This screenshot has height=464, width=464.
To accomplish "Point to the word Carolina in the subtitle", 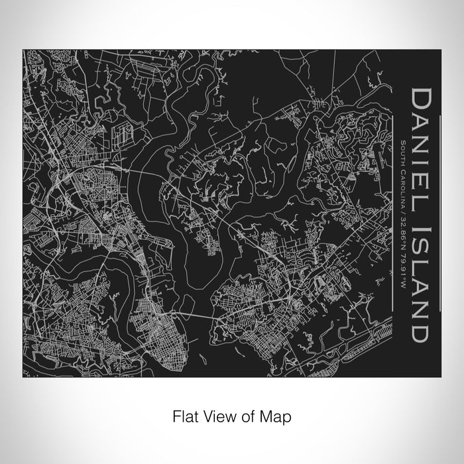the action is pyautogui.click(x=404, y=174).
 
